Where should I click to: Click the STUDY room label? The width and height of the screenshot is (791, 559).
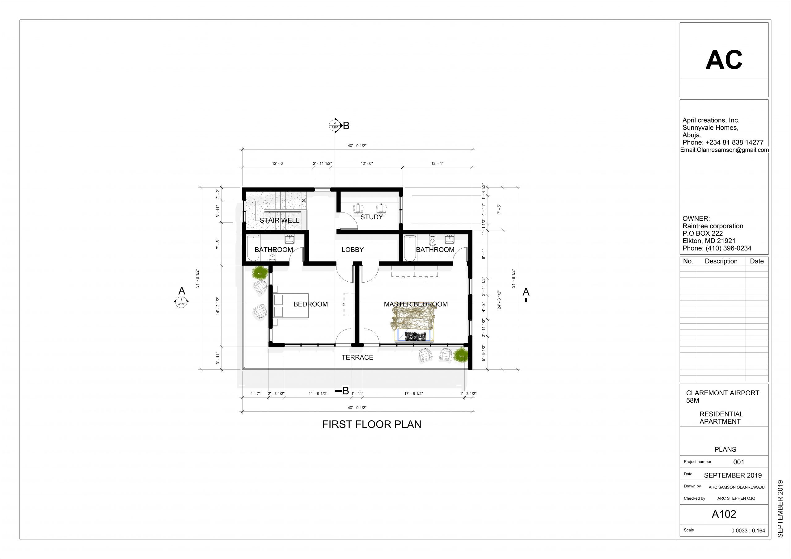pos(371,217)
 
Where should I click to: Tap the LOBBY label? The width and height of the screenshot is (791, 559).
pos(353,250)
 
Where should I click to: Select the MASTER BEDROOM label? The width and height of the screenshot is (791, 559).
pos(416,304)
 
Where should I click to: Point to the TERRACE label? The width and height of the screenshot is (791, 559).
pos(357,358)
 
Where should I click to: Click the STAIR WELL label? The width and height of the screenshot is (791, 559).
pos(279,221)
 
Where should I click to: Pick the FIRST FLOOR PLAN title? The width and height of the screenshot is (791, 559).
pos(371,424)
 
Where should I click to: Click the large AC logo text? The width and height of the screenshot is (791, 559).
pos(724,60)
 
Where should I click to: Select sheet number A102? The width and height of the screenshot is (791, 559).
pos(724,514)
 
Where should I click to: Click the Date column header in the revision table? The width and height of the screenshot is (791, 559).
pos(757,261)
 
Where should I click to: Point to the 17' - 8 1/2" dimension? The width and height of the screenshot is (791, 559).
pos(413,393)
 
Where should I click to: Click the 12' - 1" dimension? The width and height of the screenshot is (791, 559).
pos(437,163)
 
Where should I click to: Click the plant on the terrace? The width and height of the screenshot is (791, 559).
pos(461,355)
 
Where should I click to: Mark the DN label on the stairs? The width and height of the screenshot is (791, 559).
pos(303,200)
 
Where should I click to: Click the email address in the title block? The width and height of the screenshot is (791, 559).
pos(725,150)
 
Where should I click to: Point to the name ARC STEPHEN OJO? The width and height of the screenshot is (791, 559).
pos(736,498)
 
